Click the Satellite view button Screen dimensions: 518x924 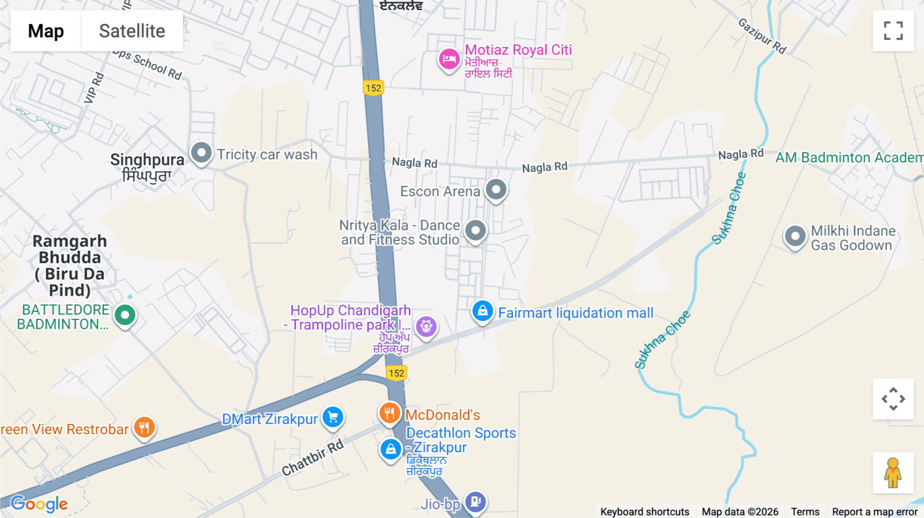132,31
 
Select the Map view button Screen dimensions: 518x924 46,31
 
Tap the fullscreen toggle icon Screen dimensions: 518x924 893,31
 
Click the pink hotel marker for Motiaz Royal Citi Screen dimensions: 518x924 449,59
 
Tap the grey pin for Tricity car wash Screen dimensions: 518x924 201,153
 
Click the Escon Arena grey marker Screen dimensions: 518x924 496,190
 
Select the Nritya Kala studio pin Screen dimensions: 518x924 476,231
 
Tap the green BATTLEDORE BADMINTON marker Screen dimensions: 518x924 125,315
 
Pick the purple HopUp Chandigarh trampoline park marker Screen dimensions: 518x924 426,326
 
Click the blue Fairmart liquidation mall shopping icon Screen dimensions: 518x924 483,311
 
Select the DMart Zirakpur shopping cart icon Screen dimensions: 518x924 333,417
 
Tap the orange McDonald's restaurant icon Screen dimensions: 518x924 390,413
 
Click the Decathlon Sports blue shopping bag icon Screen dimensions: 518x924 391,449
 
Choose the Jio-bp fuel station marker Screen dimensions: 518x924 475,501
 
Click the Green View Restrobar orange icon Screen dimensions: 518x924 144,427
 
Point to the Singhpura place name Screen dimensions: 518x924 147,160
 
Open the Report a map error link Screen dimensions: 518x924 875,511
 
